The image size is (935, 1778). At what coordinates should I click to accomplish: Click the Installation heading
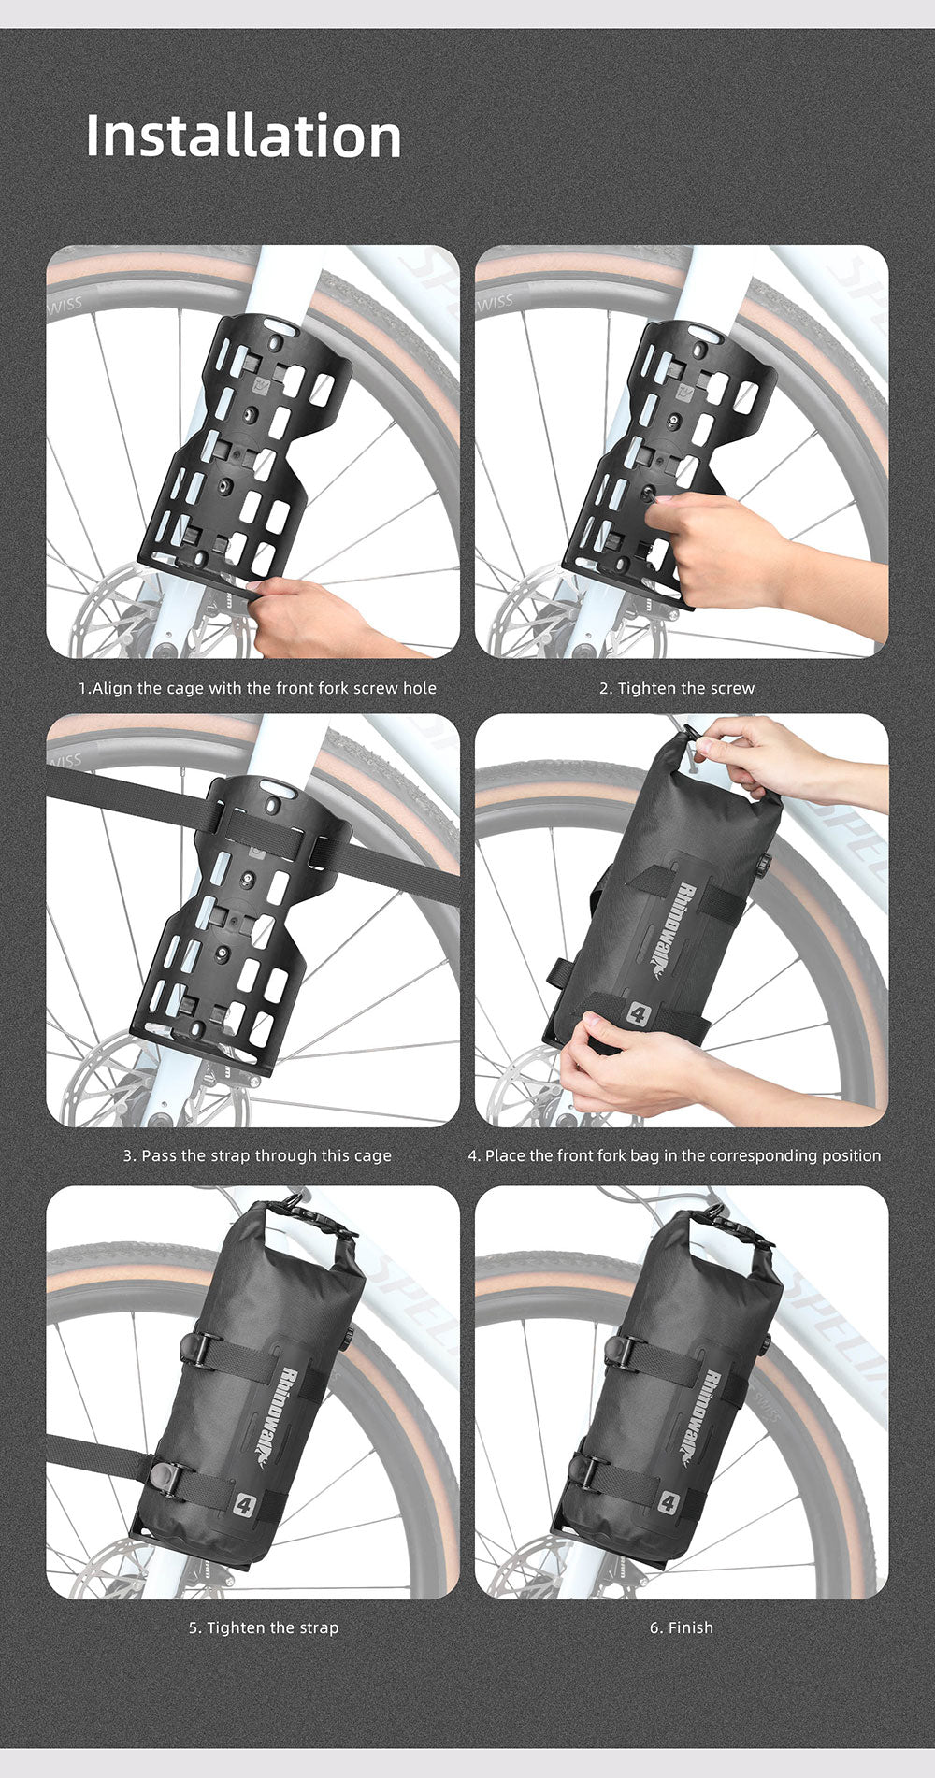coord(243,136)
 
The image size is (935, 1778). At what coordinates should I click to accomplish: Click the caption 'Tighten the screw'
coord(677,688)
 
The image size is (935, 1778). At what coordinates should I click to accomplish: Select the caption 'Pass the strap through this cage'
coord(257,1156)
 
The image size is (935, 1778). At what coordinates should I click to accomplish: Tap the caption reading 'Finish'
coord(682,1627)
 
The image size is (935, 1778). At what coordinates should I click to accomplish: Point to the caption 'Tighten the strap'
coord(264,1627)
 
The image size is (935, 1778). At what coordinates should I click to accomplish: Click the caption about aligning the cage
coord(257,688)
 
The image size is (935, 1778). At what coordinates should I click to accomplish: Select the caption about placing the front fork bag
coord(674,1156)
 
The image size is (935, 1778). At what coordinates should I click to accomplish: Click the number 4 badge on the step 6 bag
coord(667,1503)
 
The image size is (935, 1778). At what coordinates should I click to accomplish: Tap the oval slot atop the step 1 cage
coord(281,328)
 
